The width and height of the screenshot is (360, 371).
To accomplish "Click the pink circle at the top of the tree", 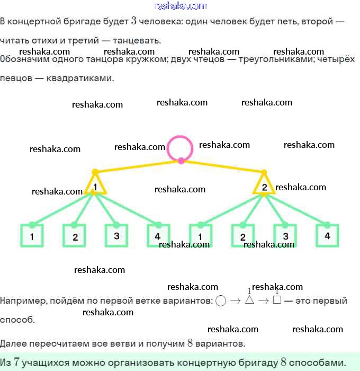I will (x=181, y=147).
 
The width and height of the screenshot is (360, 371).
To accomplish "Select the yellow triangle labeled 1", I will (x=95, y=186).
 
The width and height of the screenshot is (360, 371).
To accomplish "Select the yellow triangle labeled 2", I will (x=264, y=186).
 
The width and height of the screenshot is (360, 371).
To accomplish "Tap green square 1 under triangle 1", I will (x=32, y=236).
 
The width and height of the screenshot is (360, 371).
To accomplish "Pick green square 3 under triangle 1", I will (x=116, y=235).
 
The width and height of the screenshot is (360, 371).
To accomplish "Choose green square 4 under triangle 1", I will (x=158, y=236).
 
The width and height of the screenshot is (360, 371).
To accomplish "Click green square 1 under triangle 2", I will (x=201, y=236).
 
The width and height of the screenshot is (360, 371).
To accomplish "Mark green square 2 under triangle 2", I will (x=243, y=236).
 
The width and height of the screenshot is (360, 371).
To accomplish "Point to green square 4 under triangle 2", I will (x=327, y=235).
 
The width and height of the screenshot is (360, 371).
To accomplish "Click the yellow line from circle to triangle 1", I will (x=138, y=166).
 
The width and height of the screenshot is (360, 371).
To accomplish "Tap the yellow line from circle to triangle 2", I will (x=222, y=166).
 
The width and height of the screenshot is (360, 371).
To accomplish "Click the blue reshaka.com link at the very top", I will (x=180, y=6).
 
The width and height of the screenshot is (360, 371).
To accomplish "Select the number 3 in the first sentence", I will (x=134, y=22).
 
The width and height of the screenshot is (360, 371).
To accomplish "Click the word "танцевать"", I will (x=141, y=40).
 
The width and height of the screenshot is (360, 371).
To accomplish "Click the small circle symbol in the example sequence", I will (x=221, y=301).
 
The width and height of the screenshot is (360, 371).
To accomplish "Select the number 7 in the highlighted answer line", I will (x=17, y=363).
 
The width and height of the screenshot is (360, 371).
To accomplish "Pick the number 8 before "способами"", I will (x=284, y=363).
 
